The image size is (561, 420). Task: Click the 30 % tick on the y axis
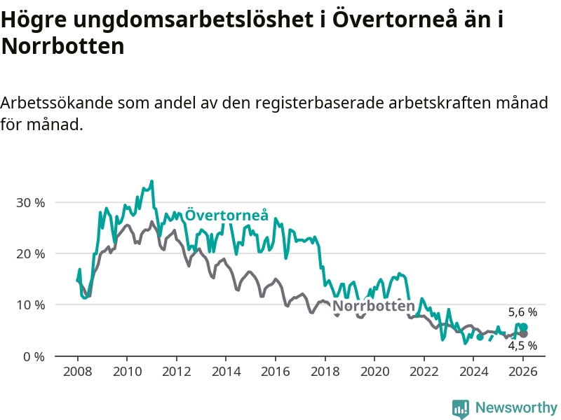pos(30,202)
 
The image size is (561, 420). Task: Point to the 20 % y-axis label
pos(30,253)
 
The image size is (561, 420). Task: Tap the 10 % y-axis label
pos(30,305)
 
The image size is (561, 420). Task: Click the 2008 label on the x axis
pos(77,371)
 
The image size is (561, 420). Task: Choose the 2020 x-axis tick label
pos(374,371)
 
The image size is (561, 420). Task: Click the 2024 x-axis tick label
pos(473,371)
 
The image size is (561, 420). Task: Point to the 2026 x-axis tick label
pos(523,371)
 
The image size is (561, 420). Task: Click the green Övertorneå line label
pos(227,215)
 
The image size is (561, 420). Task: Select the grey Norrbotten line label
pos(373,306)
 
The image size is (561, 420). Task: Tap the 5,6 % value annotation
pos(522,312)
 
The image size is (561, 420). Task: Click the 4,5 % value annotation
pos(522,345)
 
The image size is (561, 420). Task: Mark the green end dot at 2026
pos(523,328)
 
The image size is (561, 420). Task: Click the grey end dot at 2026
pos(523,334)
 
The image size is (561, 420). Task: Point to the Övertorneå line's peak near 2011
pos(151,181)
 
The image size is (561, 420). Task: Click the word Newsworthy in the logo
pos(516,407)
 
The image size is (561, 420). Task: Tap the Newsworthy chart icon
pos(460,409)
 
